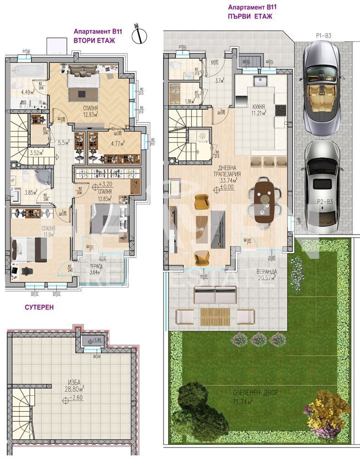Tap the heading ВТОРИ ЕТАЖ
pyautogui.click(x=94, y=40)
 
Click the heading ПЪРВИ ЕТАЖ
pyautogui.click(x=250, y=16)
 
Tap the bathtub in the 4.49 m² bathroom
pyautogui.click(x=28, y=72)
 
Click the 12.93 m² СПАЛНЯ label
pyautogui.click(x=90, y=111)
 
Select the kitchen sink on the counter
pyautogui.click(x=261, y=81)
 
